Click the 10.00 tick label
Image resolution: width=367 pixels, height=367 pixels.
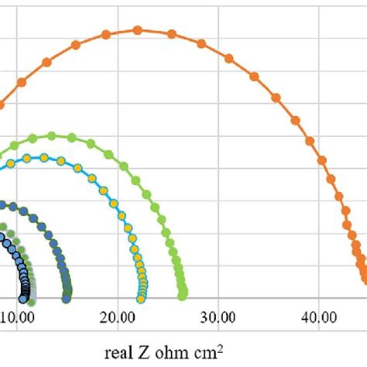17,317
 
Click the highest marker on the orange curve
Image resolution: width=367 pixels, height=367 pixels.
138,30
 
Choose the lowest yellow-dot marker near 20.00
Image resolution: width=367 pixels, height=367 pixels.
142,295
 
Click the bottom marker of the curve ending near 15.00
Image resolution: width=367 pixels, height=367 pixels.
67,295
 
